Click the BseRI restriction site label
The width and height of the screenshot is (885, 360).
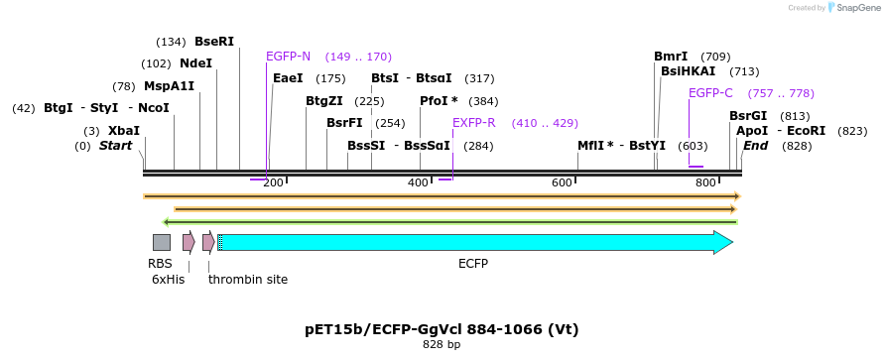214,42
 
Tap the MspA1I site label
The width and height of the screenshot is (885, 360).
169,86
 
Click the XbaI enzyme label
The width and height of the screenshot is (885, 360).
124,131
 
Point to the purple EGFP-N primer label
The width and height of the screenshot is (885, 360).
288,57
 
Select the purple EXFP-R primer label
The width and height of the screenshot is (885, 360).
473,123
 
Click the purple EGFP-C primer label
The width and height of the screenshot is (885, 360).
710,93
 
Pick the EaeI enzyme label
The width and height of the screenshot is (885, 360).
288,78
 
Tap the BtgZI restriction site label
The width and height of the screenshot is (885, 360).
323,101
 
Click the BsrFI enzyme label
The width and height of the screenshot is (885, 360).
344,123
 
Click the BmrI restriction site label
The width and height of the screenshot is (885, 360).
671,57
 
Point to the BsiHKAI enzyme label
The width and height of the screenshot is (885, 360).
688,71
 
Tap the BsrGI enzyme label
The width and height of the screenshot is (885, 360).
748,116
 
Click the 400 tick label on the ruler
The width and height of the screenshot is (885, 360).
418,183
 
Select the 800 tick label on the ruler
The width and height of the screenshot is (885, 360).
705,183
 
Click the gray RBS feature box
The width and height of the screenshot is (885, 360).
162,242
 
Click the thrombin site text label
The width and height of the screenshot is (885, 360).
248,280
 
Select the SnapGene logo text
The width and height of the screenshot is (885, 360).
856,8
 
